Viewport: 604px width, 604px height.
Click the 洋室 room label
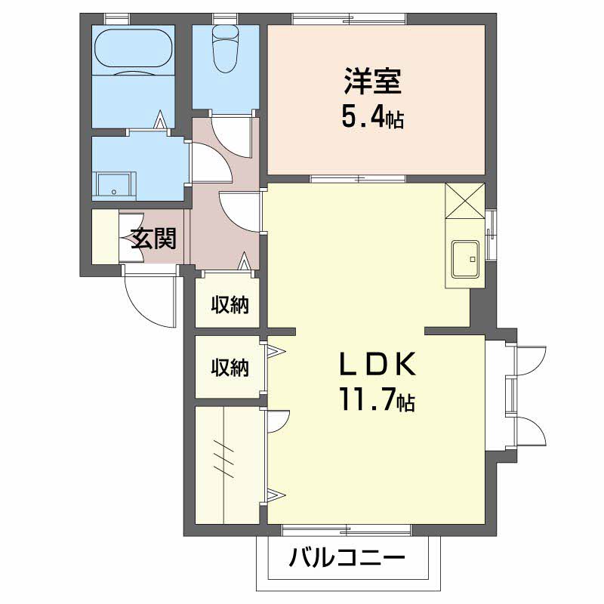(x=373, y=82)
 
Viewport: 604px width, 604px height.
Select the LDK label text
(x=377, y=364)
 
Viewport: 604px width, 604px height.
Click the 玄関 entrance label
(x=154, y=239)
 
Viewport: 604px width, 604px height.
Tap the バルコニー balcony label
(x=347, y=557)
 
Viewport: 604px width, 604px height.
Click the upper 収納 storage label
(x=230, y=304)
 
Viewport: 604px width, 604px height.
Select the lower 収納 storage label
(x=230, y=367)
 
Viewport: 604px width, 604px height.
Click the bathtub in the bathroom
(x=133, y=51)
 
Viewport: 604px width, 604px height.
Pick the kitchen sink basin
(x=466, y=259)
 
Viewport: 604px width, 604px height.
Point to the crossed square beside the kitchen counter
(x=465, y=201)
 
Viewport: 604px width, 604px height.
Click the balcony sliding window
(x=347, y=531)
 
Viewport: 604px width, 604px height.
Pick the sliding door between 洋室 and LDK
(x=358, y=179)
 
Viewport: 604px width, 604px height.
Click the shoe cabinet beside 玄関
(x=105, y=236)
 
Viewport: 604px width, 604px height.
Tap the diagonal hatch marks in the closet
(x=223, y=460)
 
